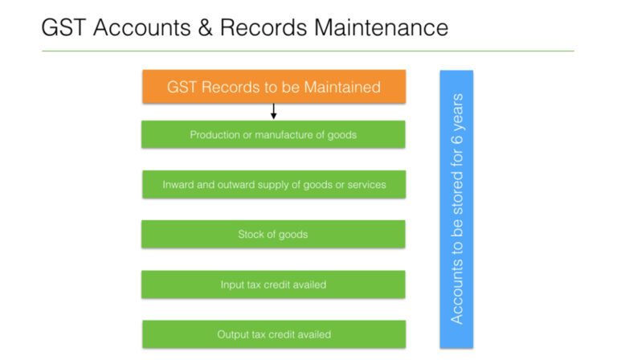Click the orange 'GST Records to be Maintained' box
273,86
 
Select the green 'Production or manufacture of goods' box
273,134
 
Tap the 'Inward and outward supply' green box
273,184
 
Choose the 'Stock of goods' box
273,234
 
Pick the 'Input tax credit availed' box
273,284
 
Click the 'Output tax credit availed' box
273,333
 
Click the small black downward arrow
273,111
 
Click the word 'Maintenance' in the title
382,27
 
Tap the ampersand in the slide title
202,27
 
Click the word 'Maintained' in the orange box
341,87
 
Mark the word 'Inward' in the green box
178,185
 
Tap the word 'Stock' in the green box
251,235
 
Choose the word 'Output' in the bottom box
233,334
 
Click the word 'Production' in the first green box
215,135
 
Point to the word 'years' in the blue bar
456,119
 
